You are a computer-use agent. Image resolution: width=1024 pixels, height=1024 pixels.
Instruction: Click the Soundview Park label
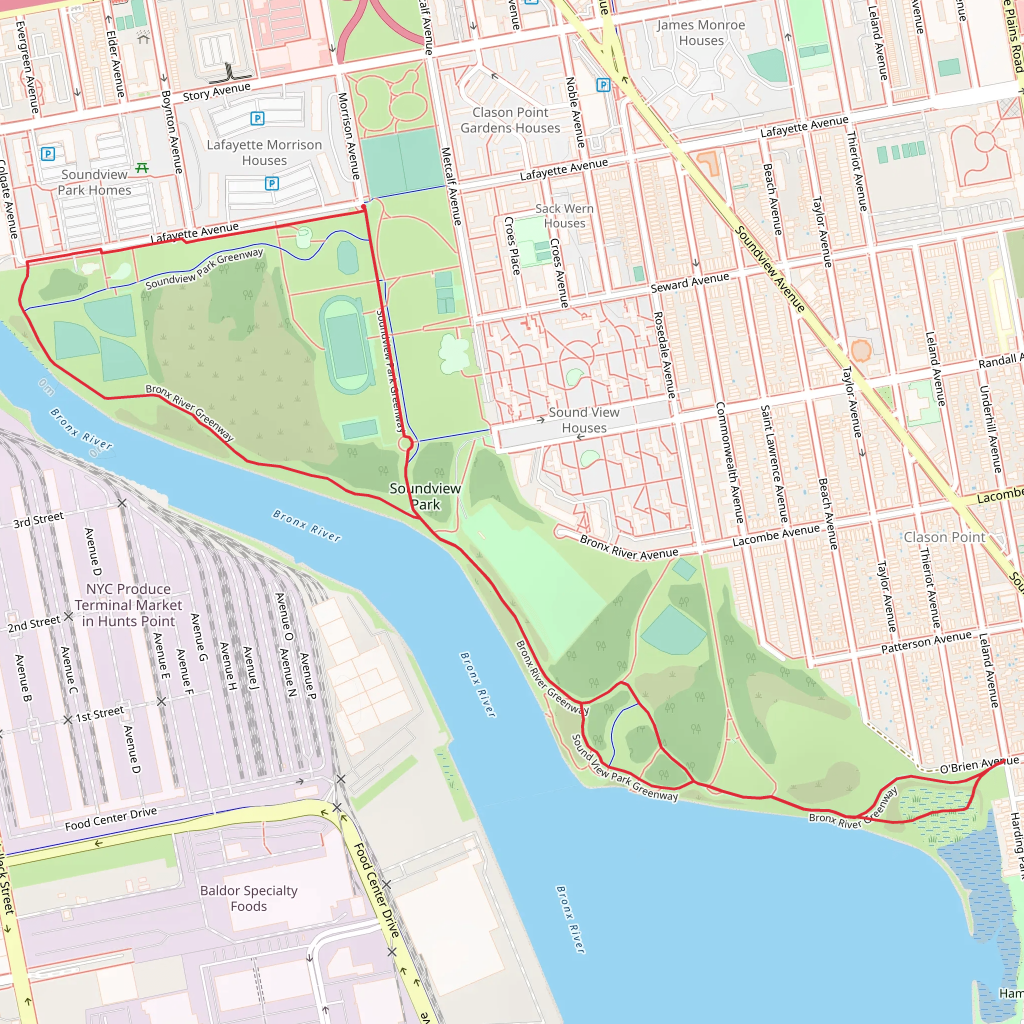[425, 496]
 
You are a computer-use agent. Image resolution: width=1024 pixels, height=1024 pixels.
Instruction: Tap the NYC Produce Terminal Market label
[128, 605]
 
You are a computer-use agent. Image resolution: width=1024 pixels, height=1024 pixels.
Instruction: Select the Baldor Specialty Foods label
[248, 898]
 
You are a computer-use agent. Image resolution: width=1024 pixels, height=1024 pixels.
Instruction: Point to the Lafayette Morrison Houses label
[264, 152]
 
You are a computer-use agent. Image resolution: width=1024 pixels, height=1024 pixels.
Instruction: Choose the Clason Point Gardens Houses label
[510, 120]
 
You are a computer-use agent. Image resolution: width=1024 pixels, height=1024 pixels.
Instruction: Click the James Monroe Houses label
[700, 33]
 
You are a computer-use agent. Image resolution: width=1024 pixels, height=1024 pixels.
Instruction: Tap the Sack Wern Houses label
[564, 215]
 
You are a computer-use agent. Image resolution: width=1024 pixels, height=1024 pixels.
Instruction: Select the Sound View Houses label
[583, 420]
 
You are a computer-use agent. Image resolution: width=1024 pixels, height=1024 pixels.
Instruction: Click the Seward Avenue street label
[689, 282]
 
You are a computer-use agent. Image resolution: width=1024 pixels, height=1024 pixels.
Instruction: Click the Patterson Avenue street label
[926, 642]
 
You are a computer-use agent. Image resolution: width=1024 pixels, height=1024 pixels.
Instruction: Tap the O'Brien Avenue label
[978, 764]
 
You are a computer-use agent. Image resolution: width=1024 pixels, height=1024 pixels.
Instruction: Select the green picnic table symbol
[141, 168]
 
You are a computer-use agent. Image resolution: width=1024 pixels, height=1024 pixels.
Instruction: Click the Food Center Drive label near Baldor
[377, 890]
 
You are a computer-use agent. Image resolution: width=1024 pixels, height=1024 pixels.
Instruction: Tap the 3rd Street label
[38, 519]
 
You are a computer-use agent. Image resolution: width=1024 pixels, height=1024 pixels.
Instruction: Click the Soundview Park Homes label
[94, 182]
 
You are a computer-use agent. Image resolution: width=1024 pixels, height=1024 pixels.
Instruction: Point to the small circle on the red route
[405, 443]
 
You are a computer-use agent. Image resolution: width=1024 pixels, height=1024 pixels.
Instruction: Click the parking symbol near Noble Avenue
[603, 85]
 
